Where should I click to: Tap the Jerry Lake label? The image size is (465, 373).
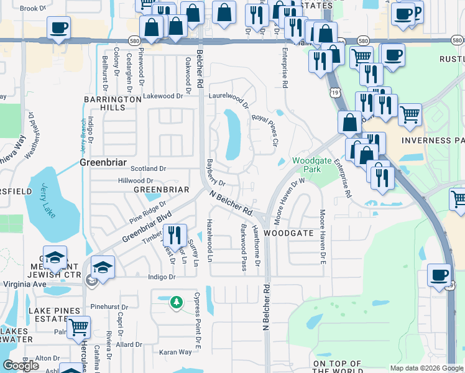(45, 195)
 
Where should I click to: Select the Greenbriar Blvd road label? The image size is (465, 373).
(146, 228)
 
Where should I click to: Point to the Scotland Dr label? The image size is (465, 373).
(149, 168)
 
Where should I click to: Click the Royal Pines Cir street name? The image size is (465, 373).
(264, 129)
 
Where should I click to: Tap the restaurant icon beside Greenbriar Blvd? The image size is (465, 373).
(173, 234)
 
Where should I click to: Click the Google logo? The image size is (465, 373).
(21, 366)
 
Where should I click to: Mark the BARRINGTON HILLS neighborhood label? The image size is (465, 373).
(113, 103)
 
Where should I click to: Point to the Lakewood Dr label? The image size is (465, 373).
(163, 96)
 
